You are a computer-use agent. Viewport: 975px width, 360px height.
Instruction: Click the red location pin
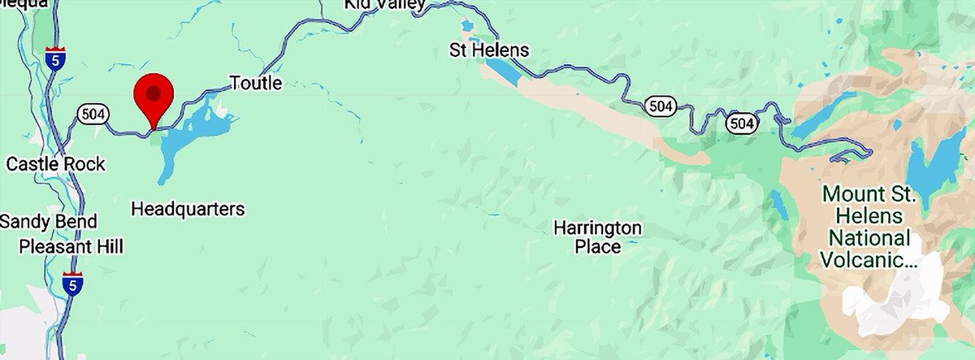pos(154,94)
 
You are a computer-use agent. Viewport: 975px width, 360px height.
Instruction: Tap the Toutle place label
pos(256,83)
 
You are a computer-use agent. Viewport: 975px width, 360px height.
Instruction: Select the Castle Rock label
pos(55,164)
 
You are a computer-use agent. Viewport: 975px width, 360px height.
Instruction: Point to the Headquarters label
pos(188,210)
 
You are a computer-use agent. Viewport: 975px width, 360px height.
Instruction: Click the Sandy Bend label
pos(48,222)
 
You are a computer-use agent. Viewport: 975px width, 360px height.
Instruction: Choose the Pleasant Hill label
pos(71,246)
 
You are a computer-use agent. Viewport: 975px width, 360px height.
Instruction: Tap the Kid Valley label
pos(384,5)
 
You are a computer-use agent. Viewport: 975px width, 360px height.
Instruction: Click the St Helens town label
pos(489,50)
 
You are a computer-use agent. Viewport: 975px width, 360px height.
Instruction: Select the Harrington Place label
pos(597,236)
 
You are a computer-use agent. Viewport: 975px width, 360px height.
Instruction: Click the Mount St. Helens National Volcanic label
pos(869,228)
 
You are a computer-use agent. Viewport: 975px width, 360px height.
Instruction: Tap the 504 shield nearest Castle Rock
pos(93,115)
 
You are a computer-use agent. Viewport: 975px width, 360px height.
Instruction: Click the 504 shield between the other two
pos(660,105)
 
